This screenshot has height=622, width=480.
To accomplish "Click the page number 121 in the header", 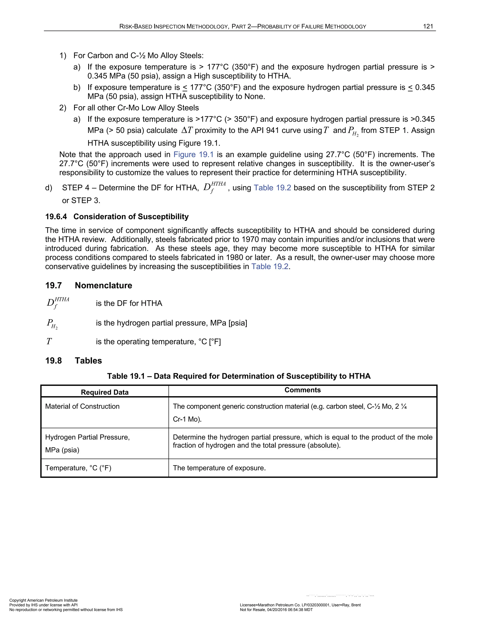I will coord(428,27).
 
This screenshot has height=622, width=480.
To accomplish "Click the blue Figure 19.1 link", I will coord(193,154).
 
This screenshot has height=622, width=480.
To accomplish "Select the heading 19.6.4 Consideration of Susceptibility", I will coord(117,216).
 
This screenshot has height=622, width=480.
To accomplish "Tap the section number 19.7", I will coord(53,285).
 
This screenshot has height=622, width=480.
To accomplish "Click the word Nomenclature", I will coord(104,285).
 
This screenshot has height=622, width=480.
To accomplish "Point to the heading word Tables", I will coord(88,361).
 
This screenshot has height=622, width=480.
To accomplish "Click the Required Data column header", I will coord(105,392).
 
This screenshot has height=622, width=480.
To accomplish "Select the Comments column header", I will coord(303,390).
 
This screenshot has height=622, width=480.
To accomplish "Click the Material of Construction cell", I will coord(82,406).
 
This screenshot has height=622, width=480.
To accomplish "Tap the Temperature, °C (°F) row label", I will coord(78,468).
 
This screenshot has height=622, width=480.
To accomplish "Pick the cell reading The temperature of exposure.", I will coord(219,468).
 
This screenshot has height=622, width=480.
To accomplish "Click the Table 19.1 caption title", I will coord(239,376).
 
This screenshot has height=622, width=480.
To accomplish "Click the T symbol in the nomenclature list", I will coord(49,342).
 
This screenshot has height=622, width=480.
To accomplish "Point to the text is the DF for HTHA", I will coord(129,303).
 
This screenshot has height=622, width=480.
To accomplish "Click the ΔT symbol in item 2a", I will coord(187,131).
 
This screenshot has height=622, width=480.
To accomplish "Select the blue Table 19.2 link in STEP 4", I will coord(272,188).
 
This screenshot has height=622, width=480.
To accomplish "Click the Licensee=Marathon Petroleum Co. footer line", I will coord(300,605).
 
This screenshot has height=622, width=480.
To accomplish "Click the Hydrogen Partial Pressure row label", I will coord(87,437).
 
